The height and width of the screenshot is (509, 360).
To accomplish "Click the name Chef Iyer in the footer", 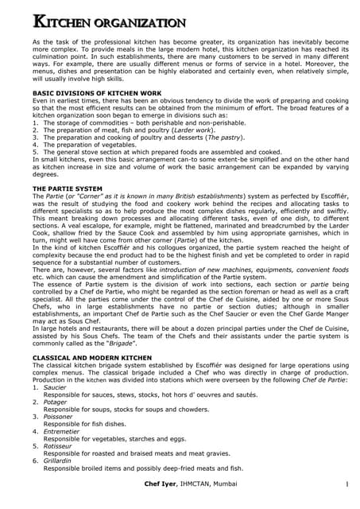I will [163, 485].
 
